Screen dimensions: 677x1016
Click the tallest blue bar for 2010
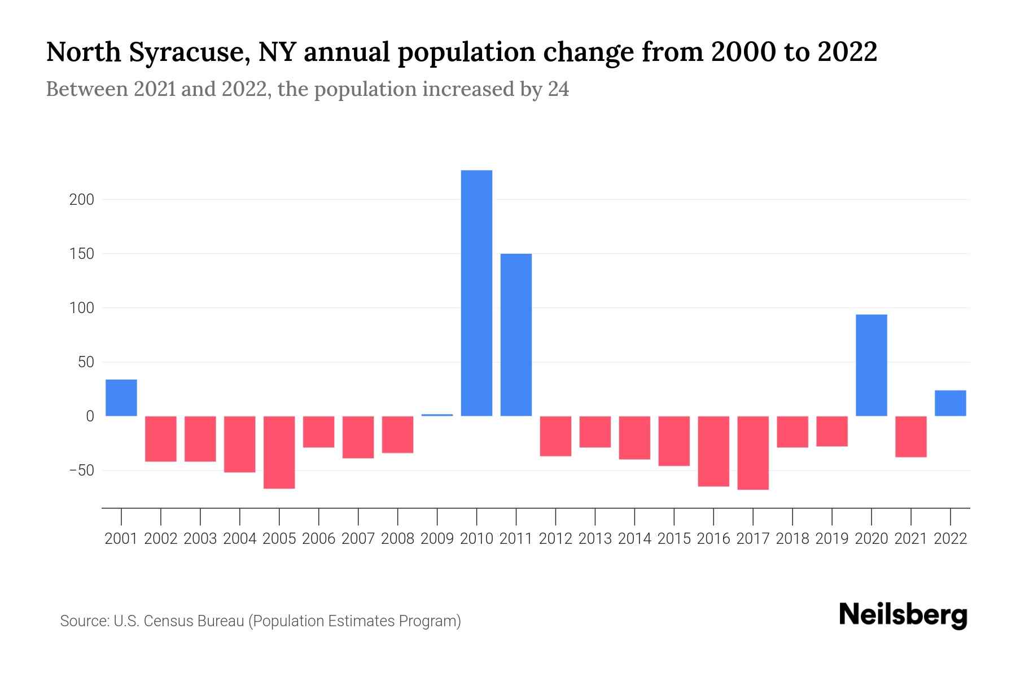tap(476, 293)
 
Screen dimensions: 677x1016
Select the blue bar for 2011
tap(516, 335)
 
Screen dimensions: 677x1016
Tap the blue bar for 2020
tap(871, 365)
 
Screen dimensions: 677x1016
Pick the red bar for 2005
tap(279, 452)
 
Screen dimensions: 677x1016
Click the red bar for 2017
tap(753, 452)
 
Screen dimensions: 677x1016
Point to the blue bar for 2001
tap(121, 398)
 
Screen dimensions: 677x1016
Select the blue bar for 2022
tap(950, 403)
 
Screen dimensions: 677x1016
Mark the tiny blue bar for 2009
tap(437, 415)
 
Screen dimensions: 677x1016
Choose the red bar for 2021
tap(910, 436)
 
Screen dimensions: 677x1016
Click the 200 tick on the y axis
tap(82, 200)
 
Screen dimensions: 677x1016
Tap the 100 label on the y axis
tap(82, 308)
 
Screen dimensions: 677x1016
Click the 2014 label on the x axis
tap(634, 539)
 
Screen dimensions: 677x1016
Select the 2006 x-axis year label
tap(318, 539)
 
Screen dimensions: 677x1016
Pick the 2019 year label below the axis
tap(831, 539)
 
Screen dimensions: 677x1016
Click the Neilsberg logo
tap(903, 615)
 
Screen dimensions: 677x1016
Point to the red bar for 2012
tap(555, 436)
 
